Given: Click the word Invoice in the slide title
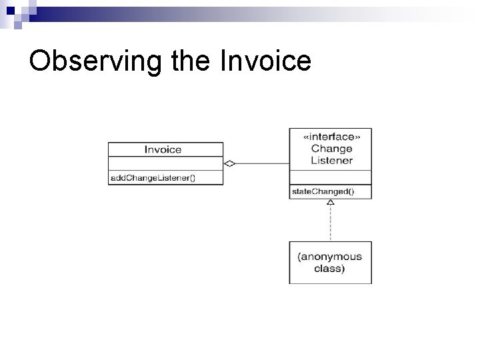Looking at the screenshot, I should (264, 61).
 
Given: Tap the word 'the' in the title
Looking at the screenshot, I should (189, 61).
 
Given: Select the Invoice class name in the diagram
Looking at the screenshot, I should (163, 149).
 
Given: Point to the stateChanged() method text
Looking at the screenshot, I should (323, 192).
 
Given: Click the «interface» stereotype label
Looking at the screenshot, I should (330, 137).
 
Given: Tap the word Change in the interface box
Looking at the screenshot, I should (331, 149).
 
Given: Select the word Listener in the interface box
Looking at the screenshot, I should (331, 161).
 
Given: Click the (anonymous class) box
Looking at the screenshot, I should (330, 263).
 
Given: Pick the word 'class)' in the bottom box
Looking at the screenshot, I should (330, 269).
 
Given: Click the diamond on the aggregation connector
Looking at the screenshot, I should (229, 163).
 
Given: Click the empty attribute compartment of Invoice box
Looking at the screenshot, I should (165, 163).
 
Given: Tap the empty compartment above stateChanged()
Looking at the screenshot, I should (330, 177).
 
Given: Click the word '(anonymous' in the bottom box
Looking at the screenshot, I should (330, 257).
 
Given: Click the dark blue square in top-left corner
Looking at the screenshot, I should (5, 7).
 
